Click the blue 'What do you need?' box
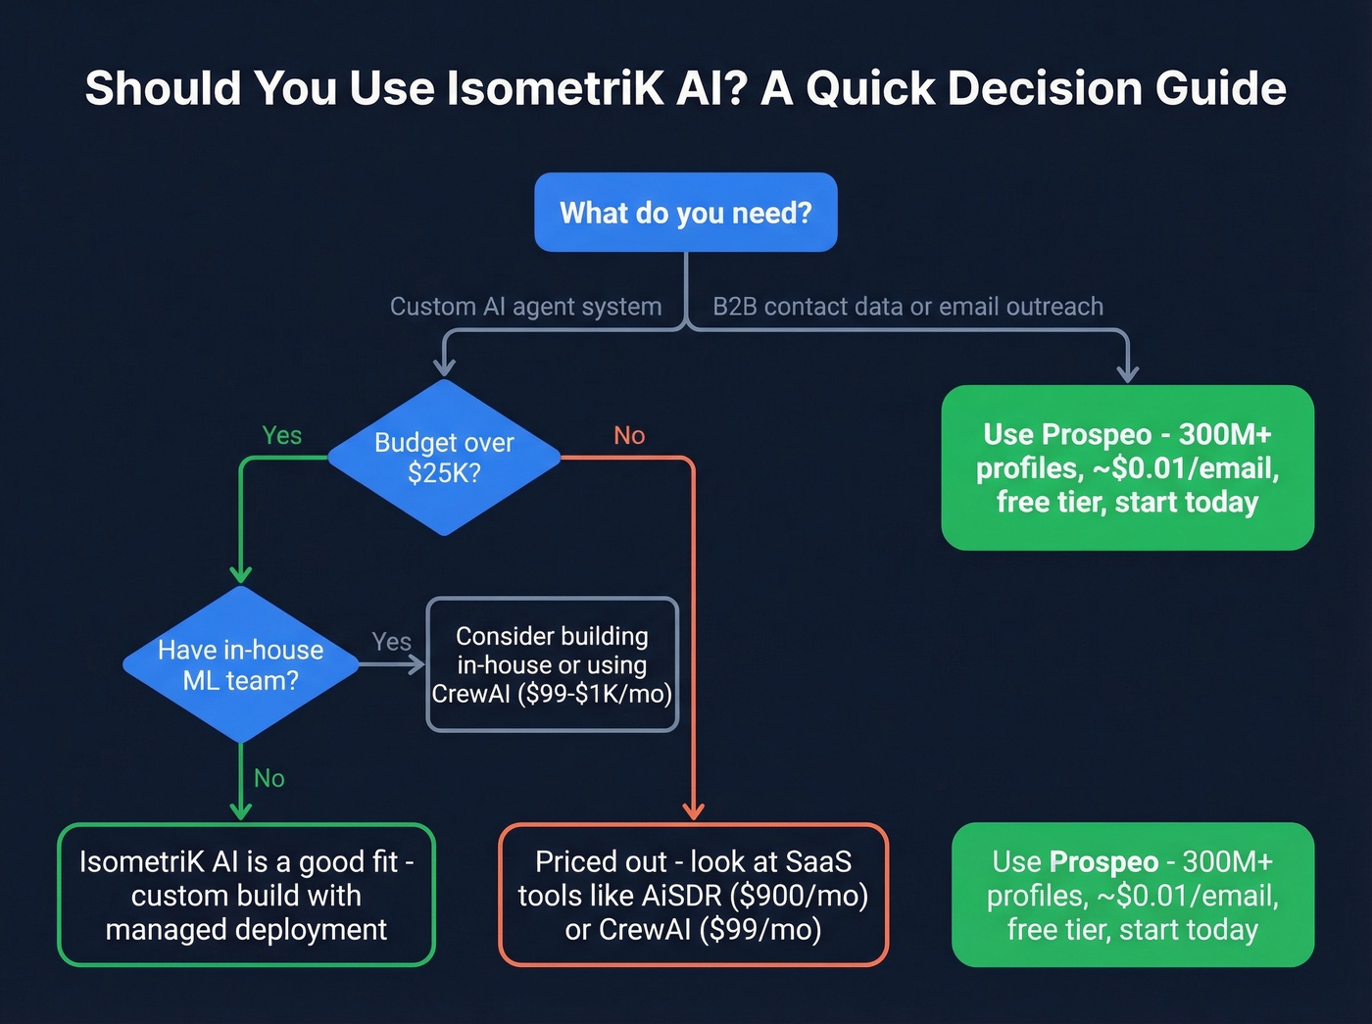(x=685, y=213)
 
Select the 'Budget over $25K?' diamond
(x=444, y=458)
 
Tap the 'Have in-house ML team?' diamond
(x=240, y=664)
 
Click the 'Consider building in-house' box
(x=552, y=664)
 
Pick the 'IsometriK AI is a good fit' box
(x=246, y=895)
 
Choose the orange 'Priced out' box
(x=693, y=895)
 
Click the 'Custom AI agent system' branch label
(x=525, y=307)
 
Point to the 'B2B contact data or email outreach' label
(x=907, y=307)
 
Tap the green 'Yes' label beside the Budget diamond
(x=282, y=435)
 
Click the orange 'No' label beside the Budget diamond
(x=629, y=435)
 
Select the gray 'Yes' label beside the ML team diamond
(x=391, y=642)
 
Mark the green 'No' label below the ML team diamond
(x=269, y=778)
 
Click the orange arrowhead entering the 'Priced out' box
(x=693, y=811)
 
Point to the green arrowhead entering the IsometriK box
(x=240, y=810)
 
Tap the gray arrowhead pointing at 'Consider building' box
(x=416, y=664)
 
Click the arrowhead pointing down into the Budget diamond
(x=444, y=367)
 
